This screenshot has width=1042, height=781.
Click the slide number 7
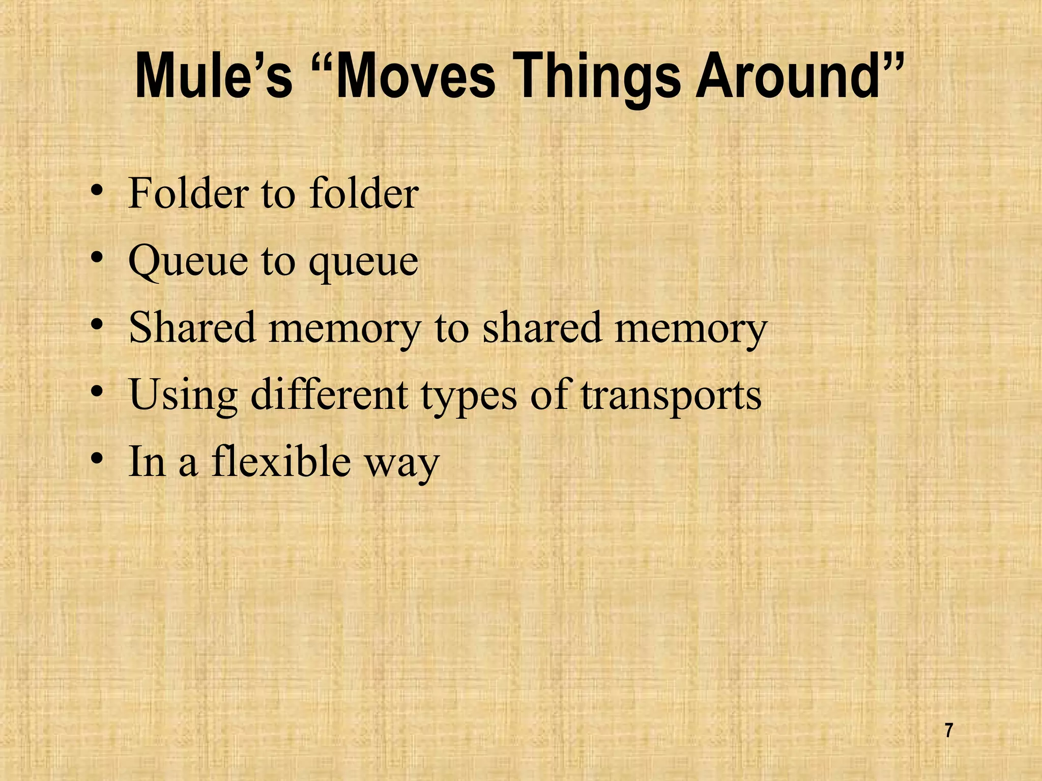pyautogui.click(x=948, y=731)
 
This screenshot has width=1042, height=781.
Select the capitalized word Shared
pyautogui.click(x=192, y=327)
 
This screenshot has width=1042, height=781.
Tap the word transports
pyautogui.click(x=671, y=396)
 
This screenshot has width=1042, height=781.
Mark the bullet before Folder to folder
pyautogui.click(x=96, y=193)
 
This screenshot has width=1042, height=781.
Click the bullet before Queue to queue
pyautogui.click(x=96, y=260)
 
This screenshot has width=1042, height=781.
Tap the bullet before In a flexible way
pyautogui.click(x=96, y=460)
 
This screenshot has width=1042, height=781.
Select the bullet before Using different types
pyautogui.click(x=96, y=393)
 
